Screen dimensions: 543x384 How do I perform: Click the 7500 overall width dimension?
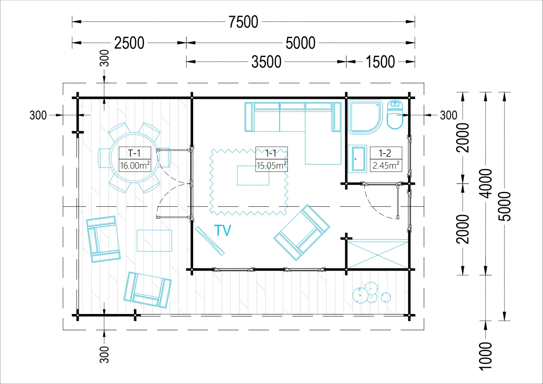pos(243,22)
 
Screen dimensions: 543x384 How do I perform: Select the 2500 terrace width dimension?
pos(129,43)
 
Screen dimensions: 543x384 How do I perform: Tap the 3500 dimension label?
pos(266,62)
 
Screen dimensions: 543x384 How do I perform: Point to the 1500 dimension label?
pos(380,62)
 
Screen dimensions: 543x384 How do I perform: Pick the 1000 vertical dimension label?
pos(486,356)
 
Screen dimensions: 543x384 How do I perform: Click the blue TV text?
pos(223,230)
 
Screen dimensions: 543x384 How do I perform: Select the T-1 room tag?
pos(134,153)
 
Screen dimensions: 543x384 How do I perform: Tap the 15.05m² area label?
pos(271,165)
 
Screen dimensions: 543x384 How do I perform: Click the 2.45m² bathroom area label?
pos(386,165)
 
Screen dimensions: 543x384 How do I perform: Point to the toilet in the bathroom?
pos(395,114)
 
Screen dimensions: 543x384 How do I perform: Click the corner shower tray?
pos(365,117)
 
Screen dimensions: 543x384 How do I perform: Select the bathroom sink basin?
pos(357,159)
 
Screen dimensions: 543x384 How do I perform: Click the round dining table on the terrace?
pos(134,158)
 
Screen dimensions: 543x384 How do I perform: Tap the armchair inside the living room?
pos(302,232)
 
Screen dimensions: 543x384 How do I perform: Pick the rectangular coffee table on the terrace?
pos(154,241)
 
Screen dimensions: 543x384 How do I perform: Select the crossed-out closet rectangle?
pos(378,254)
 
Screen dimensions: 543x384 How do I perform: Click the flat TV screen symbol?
pos(210,241)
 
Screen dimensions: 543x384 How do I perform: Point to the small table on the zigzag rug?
pos(253,175)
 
